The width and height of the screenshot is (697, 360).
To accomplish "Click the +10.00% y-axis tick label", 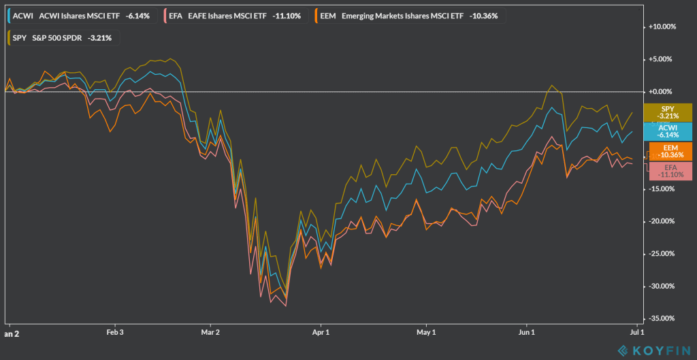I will (x=662, y=27).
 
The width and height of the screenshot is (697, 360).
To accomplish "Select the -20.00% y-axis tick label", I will (x=662, y=221).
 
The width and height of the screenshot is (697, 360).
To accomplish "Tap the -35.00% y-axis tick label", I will (x=662, y=318).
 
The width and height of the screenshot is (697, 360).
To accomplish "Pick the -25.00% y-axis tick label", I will (x=662, y=254).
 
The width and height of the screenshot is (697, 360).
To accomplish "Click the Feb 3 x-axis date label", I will (x=115, y=333).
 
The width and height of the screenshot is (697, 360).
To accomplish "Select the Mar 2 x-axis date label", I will (x=211, y=333).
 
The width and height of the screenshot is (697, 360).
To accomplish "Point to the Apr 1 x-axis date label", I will (x=321, y=333).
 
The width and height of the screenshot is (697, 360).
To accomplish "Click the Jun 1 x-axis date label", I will (x=527, y=333).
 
